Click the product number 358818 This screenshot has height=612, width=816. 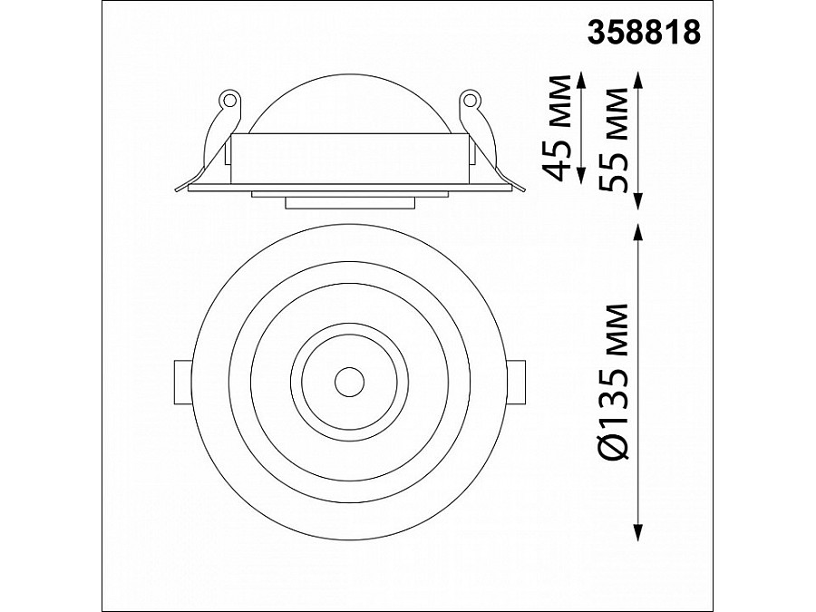pyautogui.click(x=646, y=33)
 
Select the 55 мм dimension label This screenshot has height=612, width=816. pyautogui.click(x=617, y=139)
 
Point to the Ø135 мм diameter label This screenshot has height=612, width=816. pyautogui.click(x=617, y=381)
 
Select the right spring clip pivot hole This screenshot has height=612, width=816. pyautogui.click(x=469, y=98)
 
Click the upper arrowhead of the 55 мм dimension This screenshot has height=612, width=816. pyautogui.click(x=640, y=78)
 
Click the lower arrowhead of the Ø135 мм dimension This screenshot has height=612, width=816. pyautogui.click(x=640, y=535)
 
